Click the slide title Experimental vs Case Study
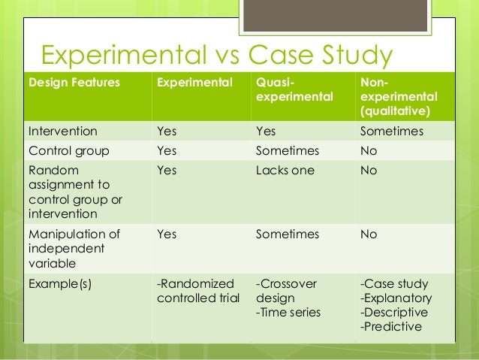(216, 56)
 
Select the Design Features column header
(74, 83)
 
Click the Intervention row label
(63, 131)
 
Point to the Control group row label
(68, 150)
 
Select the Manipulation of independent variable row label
(74, 247)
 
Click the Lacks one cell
(285, 170)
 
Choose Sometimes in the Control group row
(287, 150)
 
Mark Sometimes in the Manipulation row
(287, 234)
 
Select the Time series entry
(288, 312)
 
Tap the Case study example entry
(394, 283)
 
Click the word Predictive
(391, 326)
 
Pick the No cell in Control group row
(369, 150)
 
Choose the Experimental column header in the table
(194, 83)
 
